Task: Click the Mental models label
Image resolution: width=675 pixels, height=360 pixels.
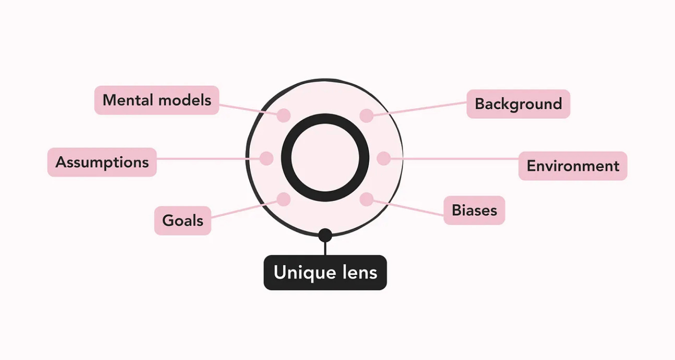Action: [x=156, y=100]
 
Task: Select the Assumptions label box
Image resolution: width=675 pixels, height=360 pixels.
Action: [x=102, y=162]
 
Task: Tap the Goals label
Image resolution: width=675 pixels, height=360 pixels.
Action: [x=182, y=220]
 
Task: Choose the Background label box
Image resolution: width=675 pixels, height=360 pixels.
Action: [x=518, y=104]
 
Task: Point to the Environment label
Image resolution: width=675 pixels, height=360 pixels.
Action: [x=572, y=166]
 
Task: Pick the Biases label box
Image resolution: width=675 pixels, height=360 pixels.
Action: [x=474, y=210]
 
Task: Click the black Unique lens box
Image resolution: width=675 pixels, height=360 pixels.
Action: [x=325, y=272]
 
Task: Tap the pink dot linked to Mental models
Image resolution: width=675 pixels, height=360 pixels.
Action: [x=283, y=115]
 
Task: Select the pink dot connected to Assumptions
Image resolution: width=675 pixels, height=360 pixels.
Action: [x=266, y=158]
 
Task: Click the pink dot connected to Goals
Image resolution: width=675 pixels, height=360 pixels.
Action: [x=283, y=199]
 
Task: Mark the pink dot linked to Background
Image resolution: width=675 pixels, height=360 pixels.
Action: [x=366, y=115]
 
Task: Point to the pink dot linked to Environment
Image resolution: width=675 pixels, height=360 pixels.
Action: [x=383, y=158]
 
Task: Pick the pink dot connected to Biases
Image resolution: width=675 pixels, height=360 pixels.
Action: [x=366, y=199]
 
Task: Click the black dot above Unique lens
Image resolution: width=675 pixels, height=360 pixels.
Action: [x=325, y=234]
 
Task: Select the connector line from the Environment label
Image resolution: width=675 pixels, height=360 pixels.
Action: [x=455, y=159]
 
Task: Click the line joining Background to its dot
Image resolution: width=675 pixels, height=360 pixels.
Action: [x=420, y=109]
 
